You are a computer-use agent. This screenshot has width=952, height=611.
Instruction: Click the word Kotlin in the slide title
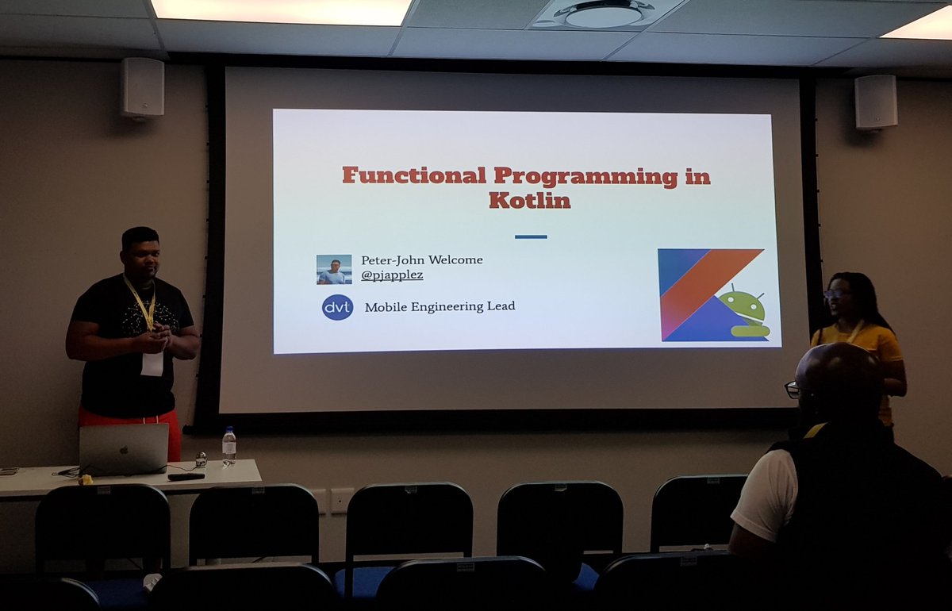click(529, 200)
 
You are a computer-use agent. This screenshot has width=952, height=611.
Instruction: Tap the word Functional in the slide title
click(413, 175)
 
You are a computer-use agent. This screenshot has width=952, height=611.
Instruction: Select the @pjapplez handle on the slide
click(392, 275)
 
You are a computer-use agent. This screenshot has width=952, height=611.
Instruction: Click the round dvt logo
click(337, 307)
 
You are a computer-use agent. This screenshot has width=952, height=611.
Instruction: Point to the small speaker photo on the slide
click(334, 269)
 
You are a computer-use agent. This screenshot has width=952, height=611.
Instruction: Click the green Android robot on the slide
click(743, 310)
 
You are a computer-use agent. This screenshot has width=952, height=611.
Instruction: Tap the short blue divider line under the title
click(531, 236)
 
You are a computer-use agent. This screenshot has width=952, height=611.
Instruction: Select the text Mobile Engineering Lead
click(440, 306)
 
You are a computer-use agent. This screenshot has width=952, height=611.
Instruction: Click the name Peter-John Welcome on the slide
click(421, 259)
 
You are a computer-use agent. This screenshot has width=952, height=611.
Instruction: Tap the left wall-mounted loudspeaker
click(143, 87)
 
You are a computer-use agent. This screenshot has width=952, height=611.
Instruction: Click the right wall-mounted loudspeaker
click(876, 102)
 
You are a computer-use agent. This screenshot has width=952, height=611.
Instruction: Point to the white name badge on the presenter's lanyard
click(152, 363)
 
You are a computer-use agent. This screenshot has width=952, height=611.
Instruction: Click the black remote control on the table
click(186, 476)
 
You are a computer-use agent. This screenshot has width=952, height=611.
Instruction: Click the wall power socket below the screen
click(342, 499)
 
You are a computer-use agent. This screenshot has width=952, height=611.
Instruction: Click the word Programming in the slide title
click(586, 175)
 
